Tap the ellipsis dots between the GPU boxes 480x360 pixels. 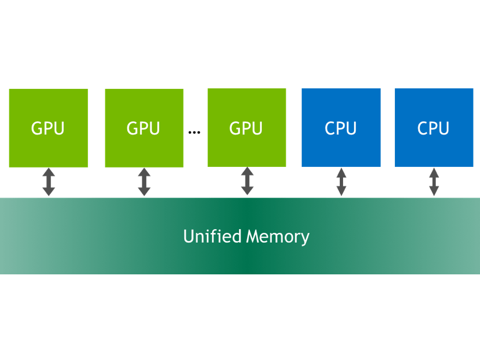point(194,132)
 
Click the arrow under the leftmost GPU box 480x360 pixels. point(49,182)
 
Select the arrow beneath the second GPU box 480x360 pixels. point(144,182)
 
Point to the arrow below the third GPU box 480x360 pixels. point(247,182)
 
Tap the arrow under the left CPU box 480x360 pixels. point(341,182)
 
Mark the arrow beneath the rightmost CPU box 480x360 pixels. point(434,182)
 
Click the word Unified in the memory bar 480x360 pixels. point(212,236)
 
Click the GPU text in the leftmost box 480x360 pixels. point(48,128)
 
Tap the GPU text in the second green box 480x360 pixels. point(143,128)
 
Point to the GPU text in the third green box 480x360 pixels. point(246,128)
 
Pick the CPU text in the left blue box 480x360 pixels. point(341,128)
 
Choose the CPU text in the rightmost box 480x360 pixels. point(434,128)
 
